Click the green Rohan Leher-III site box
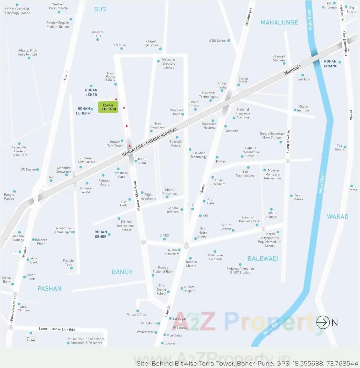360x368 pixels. [x=108, y=107]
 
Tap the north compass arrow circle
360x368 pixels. [x=323, y=322]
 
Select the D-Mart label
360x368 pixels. [x=221, y=161]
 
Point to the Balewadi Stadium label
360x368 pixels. [x=279, y=58]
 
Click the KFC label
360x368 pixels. [x=191, y=205]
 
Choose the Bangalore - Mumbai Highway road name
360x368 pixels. [x=150, y=142]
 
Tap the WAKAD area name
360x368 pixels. [x=338, y=216]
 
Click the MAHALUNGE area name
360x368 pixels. [x=279, y=22]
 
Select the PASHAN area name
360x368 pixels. [x=49, y=289]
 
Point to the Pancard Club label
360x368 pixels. [x=136, y=315]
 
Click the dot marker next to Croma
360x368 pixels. [x=352, y=186]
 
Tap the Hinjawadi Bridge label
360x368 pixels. [x=345, y=43]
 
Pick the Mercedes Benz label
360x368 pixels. [x=176, y=112]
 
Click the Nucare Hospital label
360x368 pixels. [x=189, y=289]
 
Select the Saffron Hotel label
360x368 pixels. [x=31, y=338]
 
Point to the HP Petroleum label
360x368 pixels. [x=329, y=5]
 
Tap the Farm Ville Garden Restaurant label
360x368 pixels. [x=19, y=151]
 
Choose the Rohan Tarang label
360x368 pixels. [x=330, y=64]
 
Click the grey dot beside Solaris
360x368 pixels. [x=174, y=327]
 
